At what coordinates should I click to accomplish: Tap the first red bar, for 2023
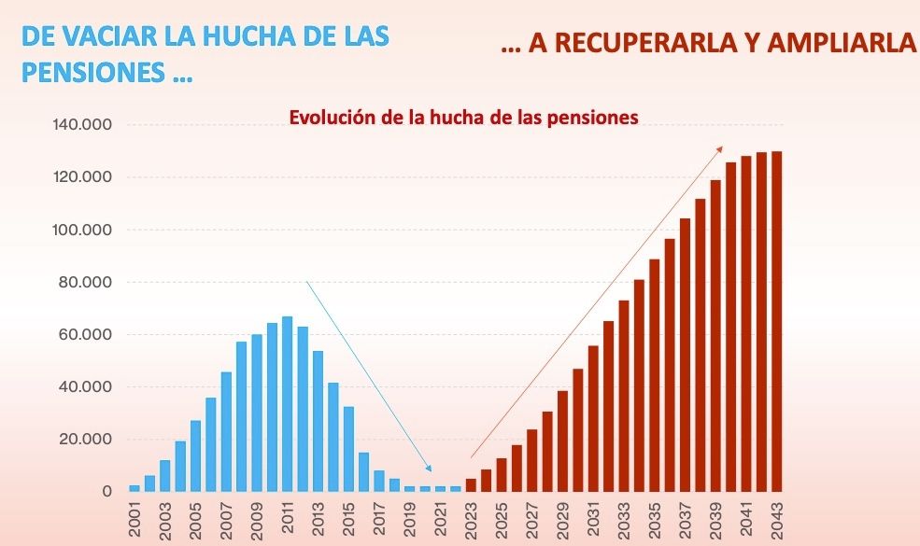coord(471,484)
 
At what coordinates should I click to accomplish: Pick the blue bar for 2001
coord(134,488)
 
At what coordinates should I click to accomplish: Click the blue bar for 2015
coord(348,448)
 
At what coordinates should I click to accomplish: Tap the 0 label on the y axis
coord(107,491)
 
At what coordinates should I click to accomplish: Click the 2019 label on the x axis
coord(409,518)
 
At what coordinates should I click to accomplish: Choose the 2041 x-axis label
coord(745,518)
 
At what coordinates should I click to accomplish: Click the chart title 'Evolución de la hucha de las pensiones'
coord(463,119)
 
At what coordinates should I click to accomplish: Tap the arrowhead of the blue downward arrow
coord(429,469)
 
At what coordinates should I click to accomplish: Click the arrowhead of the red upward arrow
coord(719,148)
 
